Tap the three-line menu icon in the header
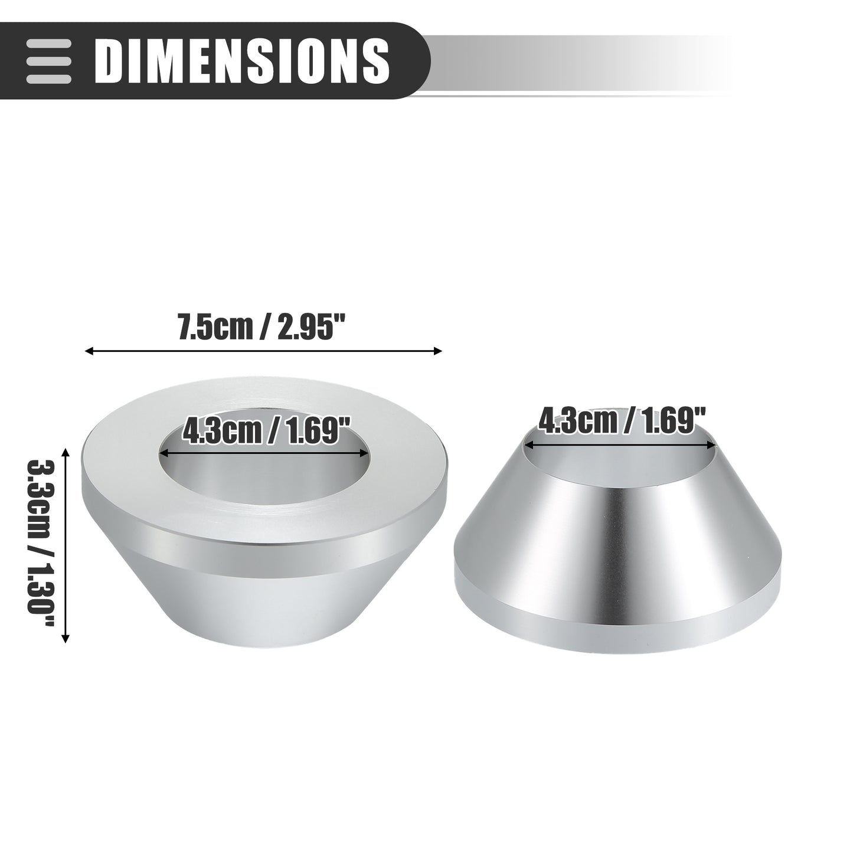(x=48, y=61)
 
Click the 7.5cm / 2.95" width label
(x=261, y=328)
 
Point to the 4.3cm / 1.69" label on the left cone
(x=266, y=432)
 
